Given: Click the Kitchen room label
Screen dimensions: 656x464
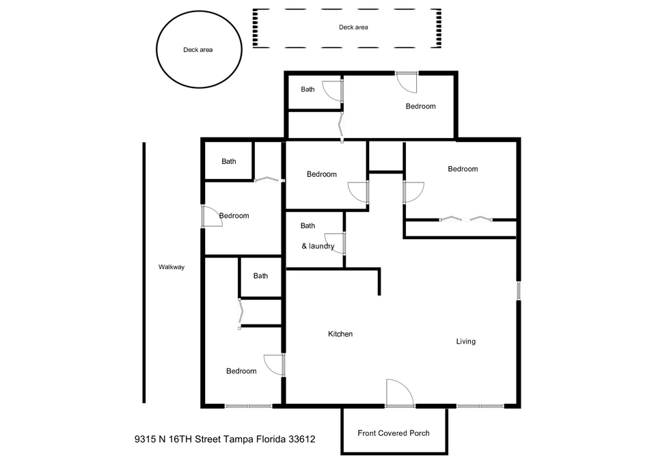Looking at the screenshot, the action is (340, 334).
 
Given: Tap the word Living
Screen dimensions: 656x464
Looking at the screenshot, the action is (465, 342).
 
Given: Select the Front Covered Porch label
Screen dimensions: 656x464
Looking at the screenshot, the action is (394, 433).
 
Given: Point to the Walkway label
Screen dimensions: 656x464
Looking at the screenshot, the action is (171, 267).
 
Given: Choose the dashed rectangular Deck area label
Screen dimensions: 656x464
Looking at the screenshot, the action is (353, 27).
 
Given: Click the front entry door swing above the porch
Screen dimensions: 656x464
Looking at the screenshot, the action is (400, 393).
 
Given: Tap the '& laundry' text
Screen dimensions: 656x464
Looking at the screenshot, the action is (318, 246).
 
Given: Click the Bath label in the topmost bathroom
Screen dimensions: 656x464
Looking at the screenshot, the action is (307, 89).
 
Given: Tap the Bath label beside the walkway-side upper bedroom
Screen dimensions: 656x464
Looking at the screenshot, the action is (229, 161).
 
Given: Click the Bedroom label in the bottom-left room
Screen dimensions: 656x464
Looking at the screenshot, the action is (241, 371).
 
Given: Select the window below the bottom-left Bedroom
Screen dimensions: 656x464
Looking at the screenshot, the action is (249, 406).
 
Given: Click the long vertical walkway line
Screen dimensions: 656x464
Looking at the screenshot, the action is (144, 273).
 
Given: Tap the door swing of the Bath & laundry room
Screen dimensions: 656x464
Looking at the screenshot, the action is (335, 243).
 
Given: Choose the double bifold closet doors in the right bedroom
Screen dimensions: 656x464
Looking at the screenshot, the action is (465, 219).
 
